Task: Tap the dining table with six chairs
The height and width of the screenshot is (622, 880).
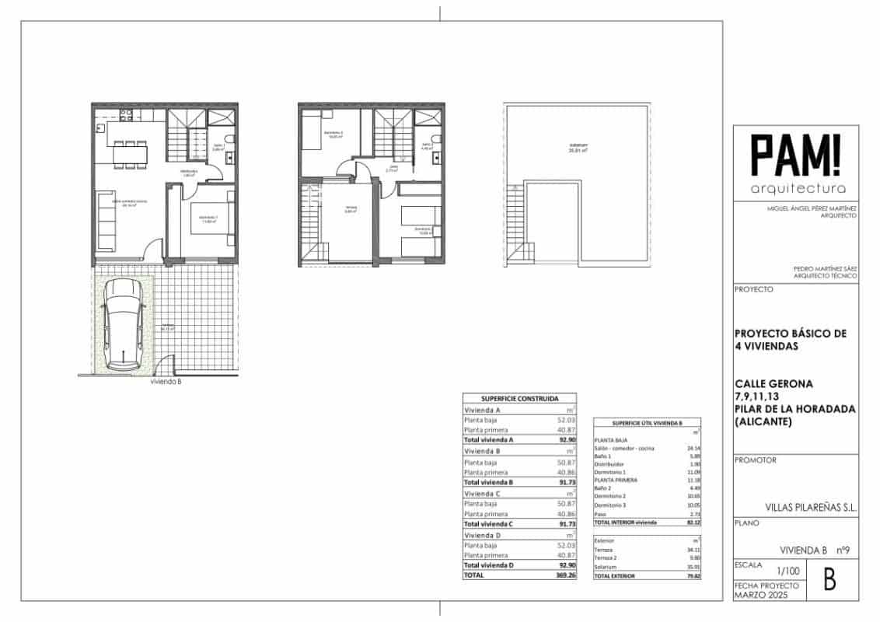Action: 130,153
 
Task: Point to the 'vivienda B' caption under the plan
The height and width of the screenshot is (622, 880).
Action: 166,382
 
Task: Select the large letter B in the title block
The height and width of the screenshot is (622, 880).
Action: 829,580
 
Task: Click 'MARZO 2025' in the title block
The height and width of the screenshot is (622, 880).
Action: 760,595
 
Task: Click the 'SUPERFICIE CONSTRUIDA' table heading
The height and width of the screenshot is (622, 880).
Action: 519,397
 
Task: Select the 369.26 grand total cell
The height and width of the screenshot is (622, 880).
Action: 564,575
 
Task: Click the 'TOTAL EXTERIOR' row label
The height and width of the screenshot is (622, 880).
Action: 615,576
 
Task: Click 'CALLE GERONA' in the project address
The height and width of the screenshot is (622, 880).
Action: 773,383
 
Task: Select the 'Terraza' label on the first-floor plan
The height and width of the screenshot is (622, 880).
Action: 351,208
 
